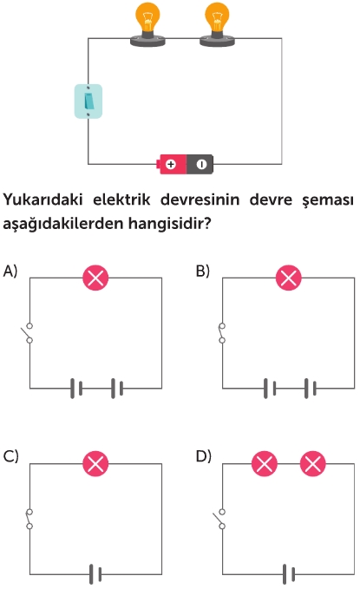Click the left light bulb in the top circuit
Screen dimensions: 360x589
pyautogui.click(x=147, y=24)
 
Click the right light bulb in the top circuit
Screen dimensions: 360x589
pyautogui.click(x=217, y=24)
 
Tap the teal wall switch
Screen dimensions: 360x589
pyautogui.click(x=88, y=101)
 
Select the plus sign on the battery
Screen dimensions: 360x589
pyautogui.click(x=171, y=164)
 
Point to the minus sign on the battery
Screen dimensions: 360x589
pyautogui.click(x=202, y=164)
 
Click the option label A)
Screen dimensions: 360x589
pyautogui.click(x=10, y=271)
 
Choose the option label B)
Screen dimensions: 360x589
pyautogui.click(x=202, y=271)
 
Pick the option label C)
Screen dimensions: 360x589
pyautogui.click(x=10, y=456)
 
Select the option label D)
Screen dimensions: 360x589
pyautogui.click(x=203, y=456)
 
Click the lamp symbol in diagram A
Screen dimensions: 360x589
pyautogui.click(x=95, y=278)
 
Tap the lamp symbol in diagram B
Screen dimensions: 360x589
pyautogui.click(x=288, y=278)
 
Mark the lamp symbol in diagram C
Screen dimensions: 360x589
pyautogui.click(x=95, y=463)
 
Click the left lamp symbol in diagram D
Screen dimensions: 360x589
pyautogui.click(x=265, y=463)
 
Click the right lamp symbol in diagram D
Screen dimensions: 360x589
pyautogui.click(x=312, y=463)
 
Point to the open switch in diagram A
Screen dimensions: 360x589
pyautogui.click(x=27, y=333)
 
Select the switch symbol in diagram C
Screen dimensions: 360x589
pyautogui.click(x=29, y=519)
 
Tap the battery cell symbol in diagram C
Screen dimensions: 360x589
pyautogui.click(x=95, y=574)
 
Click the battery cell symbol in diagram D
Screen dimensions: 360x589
pyautogui.click(x=289, y=574)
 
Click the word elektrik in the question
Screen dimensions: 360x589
pyautogui.click(x=121, y=200)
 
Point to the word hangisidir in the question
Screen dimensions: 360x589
pyautogui.click(x=169, y=224)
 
